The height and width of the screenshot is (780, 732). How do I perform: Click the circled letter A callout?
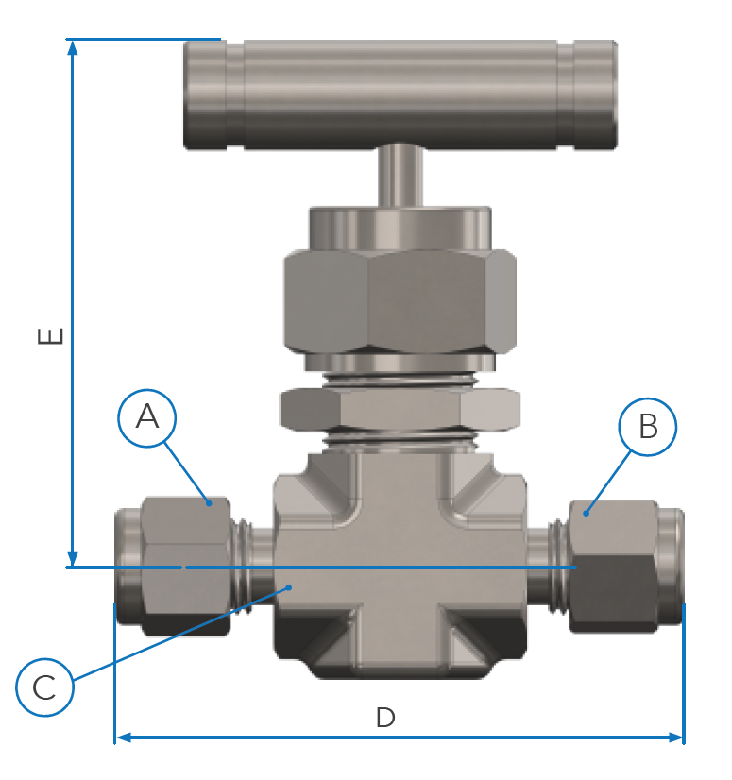click(x=146, y=417)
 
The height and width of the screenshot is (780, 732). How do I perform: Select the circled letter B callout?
click(x=647, y=427)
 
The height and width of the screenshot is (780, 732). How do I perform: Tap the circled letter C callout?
click(x=44, y=687)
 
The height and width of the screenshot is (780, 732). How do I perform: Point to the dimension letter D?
click(x=385, y=718)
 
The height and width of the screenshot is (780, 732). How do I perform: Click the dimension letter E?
click(x=51, y=336)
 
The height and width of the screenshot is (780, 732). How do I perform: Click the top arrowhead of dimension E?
click(x=73, y=47)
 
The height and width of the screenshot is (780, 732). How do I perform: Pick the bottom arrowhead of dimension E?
click(x=73, y=559)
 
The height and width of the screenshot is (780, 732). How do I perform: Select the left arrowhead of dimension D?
click(x=123, y=738)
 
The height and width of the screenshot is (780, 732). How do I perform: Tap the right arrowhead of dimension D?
click(x=676, y=738)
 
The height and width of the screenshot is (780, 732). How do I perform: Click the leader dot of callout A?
click(x=209, y=503)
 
